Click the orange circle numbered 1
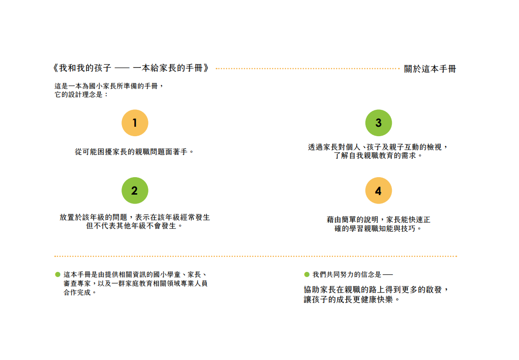click(135, 123)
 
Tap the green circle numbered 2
click(135, 190)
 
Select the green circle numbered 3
click(378, 123)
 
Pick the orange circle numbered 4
click(378, 190)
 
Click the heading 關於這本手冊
click(430, 69)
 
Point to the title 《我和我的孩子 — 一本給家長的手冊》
click(131, 68)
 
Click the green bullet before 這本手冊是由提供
click(57, 275)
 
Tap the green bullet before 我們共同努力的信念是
click(307, 275)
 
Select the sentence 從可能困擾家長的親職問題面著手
click(134, 152)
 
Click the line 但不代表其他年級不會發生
click(134, 226)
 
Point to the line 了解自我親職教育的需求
click(378, 155)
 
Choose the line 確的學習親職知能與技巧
click(378, 229)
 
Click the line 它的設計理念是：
click(81, 95)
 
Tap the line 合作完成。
click(80, 293)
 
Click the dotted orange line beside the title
click(308, 68)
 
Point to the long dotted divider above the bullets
click(256, 256)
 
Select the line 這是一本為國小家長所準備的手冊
click(109, 86)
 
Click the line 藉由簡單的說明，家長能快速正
click(378, 220)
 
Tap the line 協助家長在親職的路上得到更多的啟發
click(376, 290)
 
